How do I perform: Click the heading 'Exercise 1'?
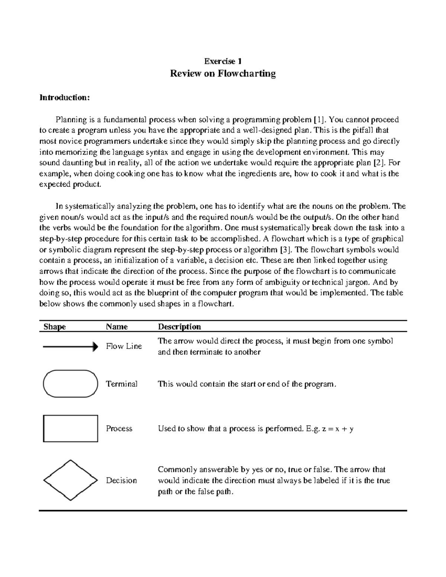(223, 61)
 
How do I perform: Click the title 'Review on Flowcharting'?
(223, 74)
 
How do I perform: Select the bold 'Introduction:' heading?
(65, 98)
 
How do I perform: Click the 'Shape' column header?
(55, 327)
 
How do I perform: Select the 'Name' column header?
(117, 327)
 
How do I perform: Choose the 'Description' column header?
(180, 327)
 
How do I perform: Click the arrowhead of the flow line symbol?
(96, 347)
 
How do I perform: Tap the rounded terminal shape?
(71, 384)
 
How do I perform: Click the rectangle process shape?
(71, 428)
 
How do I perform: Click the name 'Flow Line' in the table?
(124, 346)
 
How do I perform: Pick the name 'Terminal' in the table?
(122, 384)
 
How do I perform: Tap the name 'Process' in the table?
(119, 428)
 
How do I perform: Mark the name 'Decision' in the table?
(121, 480)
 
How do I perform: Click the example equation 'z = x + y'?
(337, 429)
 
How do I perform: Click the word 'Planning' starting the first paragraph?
(70, 120)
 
